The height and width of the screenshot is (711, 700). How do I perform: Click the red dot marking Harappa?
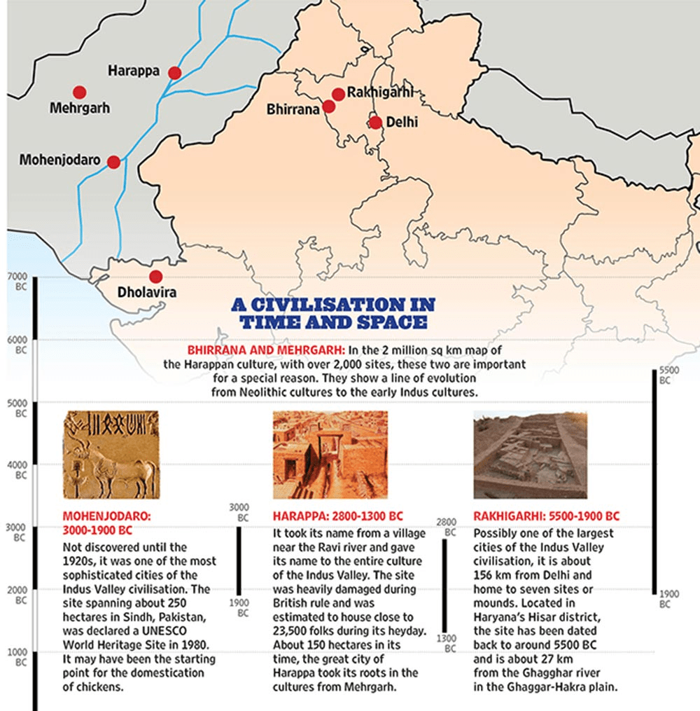click(175, 73)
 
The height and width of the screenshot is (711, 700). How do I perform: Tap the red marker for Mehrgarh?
click(79, 92)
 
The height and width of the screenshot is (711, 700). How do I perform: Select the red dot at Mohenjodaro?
click(113, 162)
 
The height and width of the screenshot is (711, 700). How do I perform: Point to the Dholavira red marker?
click(155, 277)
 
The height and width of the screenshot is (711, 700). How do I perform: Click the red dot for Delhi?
click(376, 123)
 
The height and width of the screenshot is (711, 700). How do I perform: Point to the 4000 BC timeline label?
click(16, 470)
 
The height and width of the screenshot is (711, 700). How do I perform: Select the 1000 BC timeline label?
click(16, 657)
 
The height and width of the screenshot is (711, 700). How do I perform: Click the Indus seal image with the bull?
click(111, 455)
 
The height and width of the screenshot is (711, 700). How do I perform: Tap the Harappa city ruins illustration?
click(322, 455)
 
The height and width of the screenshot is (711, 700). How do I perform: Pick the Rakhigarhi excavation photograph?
click(530, 455)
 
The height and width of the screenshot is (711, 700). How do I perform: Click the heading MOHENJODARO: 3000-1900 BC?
click(107, 523)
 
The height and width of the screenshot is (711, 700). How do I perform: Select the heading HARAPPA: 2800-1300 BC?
click(337, 517)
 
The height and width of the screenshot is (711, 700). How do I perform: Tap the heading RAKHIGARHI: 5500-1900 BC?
click(546, 517)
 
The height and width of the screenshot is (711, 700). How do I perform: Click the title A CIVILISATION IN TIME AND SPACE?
click(333, 313)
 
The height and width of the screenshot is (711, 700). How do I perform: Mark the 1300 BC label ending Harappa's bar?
click(444, 643)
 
